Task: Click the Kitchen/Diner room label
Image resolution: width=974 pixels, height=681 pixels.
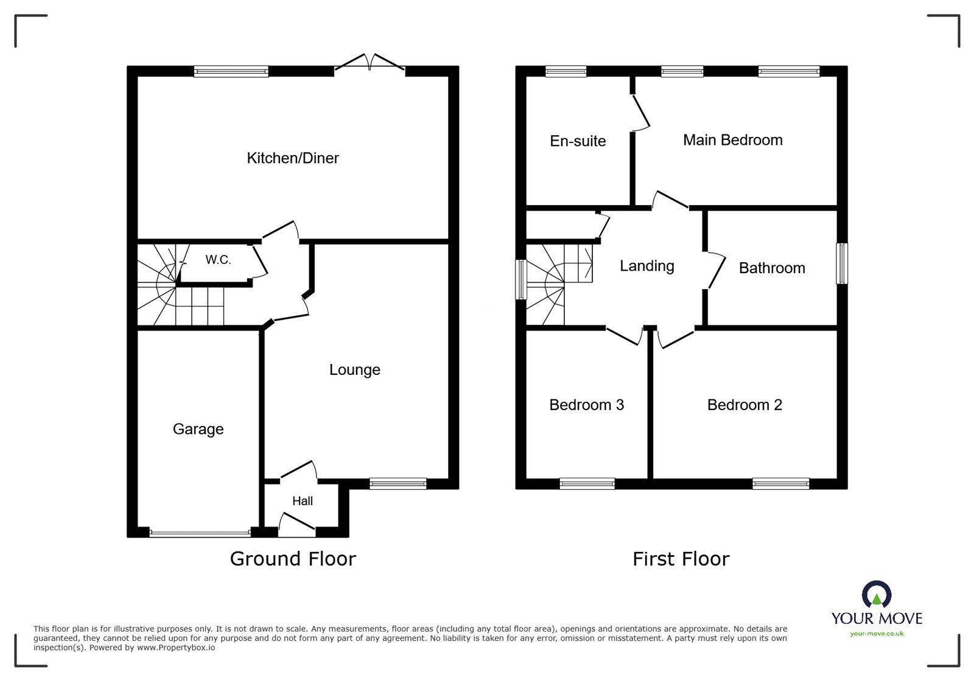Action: (293, 158)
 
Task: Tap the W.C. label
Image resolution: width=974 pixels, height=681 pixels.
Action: (218, 260)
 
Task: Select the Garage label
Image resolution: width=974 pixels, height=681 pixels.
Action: (198, 429)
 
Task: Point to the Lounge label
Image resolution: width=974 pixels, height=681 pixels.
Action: (354, 369)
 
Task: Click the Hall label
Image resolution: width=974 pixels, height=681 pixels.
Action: (303, 501)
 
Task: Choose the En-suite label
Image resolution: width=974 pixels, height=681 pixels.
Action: (578, 141)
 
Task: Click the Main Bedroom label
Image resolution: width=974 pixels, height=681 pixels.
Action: (732, 140)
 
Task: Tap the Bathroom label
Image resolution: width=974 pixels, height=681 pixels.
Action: (771, 268)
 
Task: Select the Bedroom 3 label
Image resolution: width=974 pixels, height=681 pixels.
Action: (586, 405)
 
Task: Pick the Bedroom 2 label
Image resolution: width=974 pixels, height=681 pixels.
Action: (744, 405)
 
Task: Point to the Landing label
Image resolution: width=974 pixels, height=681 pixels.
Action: (646, 266)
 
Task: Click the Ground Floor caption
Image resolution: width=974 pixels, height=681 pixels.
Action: (293, 559)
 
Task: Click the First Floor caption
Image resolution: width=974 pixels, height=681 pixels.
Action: (681, 559)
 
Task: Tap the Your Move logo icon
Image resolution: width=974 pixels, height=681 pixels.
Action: (877, 595)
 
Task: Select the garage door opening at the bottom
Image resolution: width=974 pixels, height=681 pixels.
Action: (200, 533)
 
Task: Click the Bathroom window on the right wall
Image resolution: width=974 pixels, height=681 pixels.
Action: (842, 263)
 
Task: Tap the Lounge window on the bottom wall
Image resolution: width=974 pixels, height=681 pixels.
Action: (398, 484)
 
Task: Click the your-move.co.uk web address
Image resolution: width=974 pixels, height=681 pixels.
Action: (877, 634)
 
